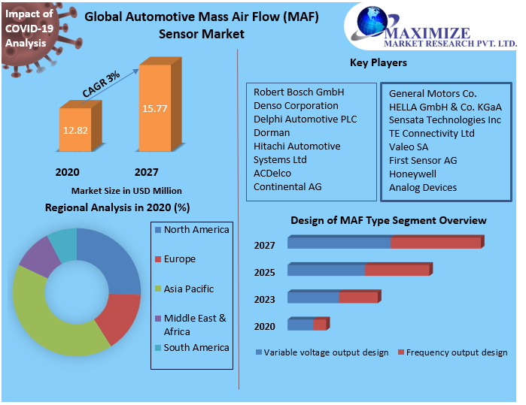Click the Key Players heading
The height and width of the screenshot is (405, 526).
click(379, 62)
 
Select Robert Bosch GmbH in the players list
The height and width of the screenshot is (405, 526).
click(299, 92)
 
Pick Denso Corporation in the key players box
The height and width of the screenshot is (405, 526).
click(296, 105)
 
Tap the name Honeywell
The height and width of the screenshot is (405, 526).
click(412, 174)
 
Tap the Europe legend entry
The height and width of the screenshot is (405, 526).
click(179, 259)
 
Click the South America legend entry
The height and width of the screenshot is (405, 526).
click(196, 348)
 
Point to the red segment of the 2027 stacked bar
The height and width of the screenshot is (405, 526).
click(435, 243)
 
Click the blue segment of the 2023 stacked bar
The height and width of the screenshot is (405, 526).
click(313, 298)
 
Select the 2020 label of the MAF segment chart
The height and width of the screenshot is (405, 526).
click(264, 326)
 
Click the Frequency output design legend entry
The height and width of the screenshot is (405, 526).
click(456, 352)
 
